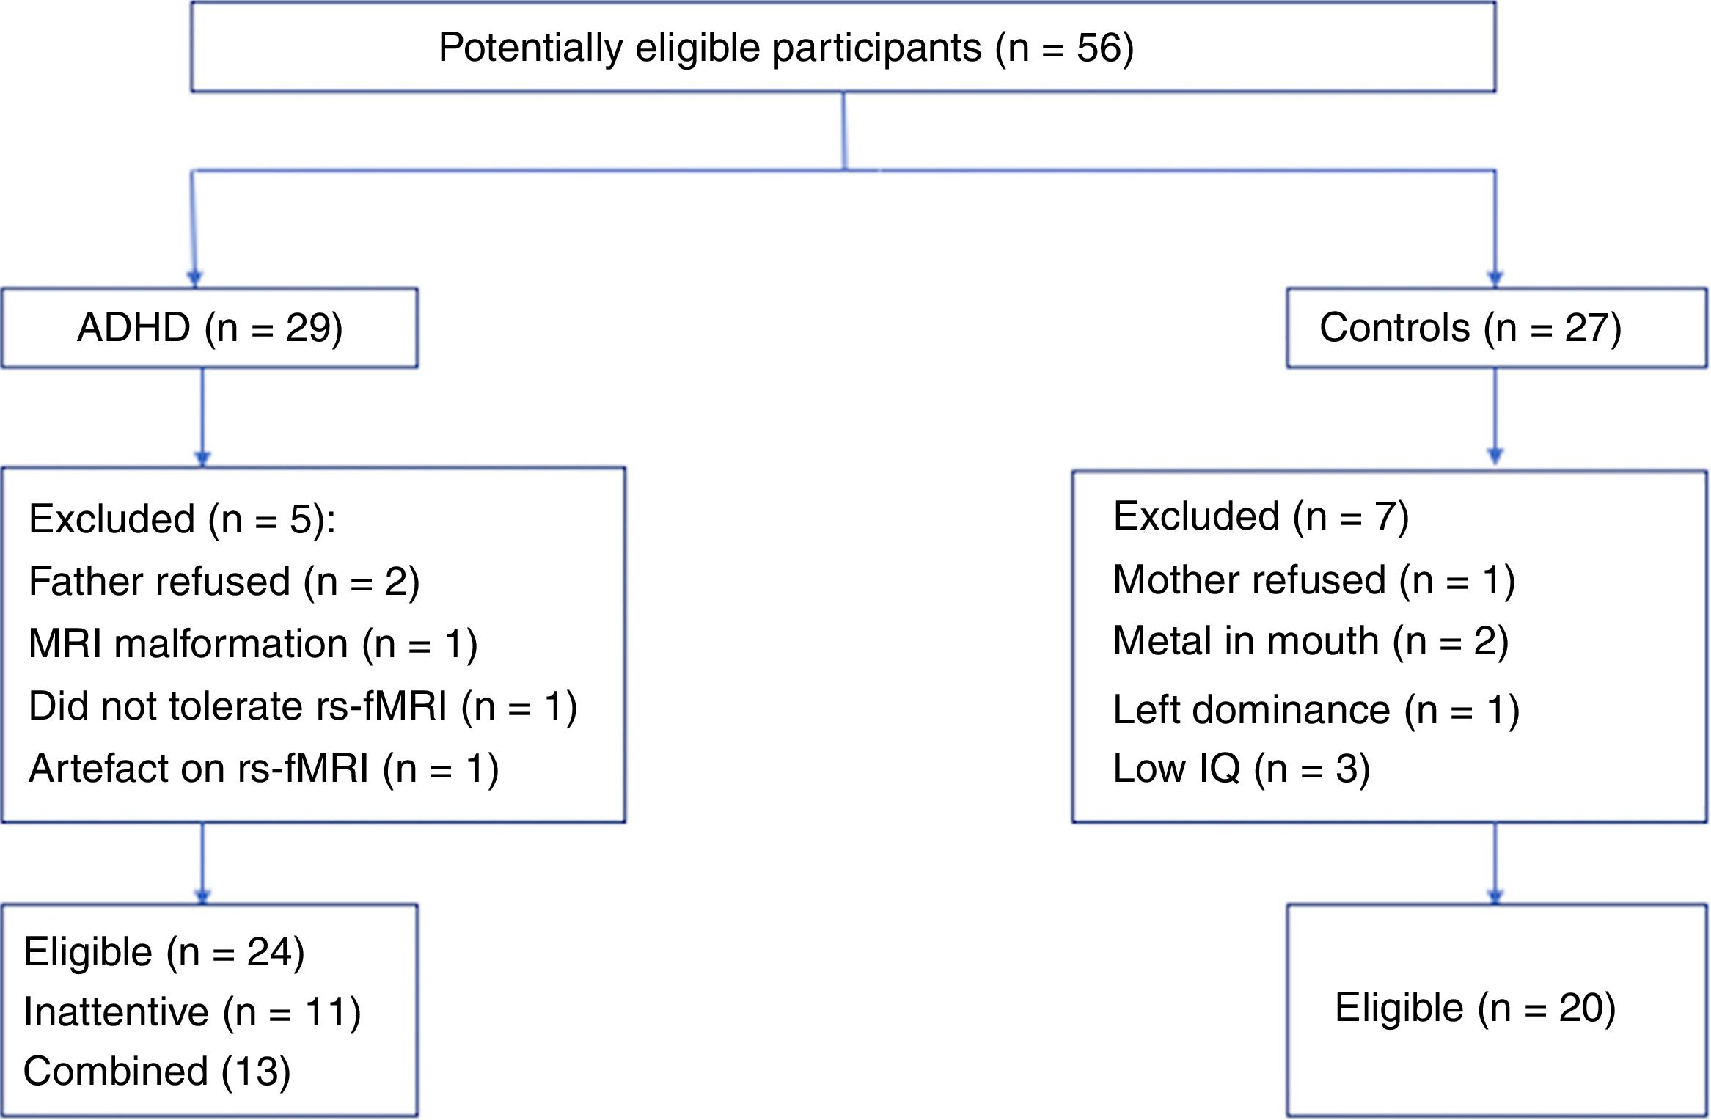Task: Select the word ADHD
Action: pos(133,328)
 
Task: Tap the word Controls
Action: pos(1394,328)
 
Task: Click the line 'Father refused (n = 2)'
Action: pos(224,582)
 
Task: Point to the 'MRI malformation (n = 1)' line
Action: pos(253,645)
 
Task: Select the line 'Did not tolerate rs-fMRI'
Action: pos(302,707)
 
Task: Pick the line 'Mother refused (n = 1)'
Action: pos(1314,580)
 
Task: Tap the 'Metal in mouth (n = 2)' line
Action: pos(1310,642)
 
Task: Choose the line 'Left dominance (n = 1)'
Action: pos(1316,710)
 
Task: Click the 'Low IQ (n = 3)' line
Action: pos(1241,769)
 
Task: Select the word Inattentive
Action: pos(116,1012)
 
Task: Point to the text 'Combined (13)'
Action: pos(157,1072)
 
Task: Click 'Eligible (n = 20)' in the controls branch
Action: pos(1475,1008)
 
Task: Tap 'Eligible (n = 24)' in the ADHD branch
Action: pos(164,953)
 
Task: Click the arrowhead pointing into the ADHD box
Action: pos(194,279)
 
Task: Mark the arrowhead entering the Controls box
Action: pos(1495,279)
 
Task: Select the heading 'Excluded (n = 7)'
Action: pos(1260,517)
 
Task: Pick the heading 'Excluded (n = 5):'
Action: pos(182,520)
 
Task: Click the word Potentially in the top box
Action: pos(530,48)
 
